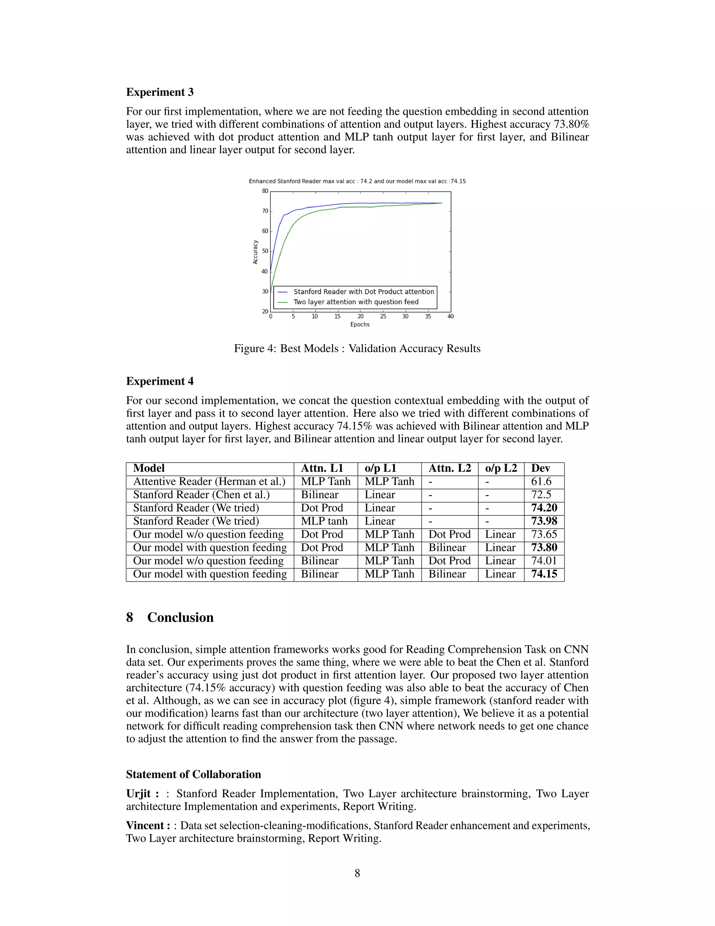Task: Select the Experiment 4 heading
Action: pos(160,381)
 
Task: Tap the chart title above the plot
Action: pos(357,181)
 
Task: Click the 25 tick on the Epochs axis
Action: pos(383,316)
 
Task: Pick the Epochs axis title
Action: pos(360,324)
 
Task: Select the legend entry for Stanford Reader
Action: pos(363,292)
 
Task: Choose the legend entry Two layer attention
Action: pos(356,302)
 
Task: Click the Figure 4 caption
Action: pos(357,348)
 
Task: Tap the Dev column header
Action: pos(540,469)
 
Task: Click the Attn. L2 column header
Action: pos(449,469)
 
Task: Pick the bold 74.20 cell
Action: pos(544,508)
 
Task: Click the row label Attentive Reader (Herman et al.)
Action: pos(209,482)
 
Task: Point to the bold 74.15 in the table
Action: pos(544,574)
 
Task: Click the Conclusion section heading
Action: pos(180,617)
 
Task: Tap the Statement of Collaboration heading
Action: pos(193,774)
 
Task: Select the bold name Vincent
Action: pos(145,825)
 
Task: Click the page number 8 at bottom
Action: pos(357,873)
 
